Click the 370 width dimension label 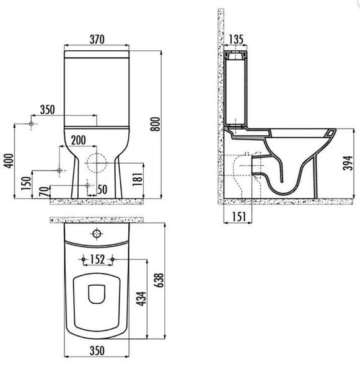click(97, 39)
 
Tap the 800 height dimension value click(155, 124)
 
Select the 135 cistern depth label click(235, 39)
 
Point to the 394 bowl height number click(348, 163)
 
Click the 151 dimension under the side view click(239, 217)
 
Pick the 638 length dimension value click(159, 280)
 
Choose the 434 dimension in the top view click(141, 299)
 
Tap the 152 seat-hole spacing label click(97, 259)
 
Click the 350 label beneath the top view click(97, 351)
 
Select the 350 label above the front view click(48, 110)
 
